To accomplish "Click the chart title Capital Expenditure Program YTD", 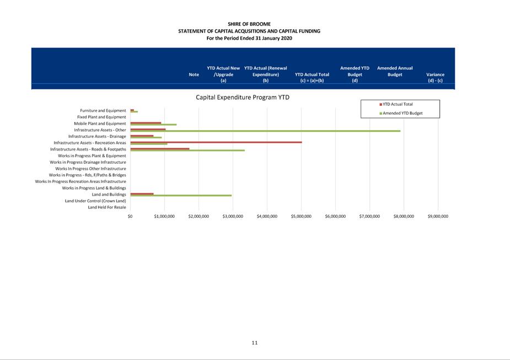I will pyautogui.click(x=242, y=97).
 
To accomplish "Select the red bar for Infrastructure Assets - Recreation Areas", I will pyautogui.click(x=216, y=142).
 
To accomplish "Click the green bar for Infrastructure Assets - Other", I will pyautogui.click(x=265, y=131).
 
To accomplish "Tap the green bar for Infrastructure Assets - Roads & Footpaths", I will pyautogui.click(x=187, y=150).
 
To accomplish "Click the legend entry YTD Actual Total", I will pyautogui.click(x=398, y=104).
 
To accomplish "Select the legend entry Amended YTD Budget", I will pyautogui.click(x=402, y=113).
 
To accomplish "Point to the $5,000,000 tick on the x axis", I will pyautogui.click(x=301, y=216).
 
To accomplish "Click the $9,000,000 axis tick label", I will pyautogui.click(x=438, y=216).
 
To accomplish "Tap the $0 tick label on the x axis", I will pyautogui.click(x=130, y=216).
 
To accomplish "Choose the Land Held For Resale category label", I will pyautogui.click(x=107, y=207).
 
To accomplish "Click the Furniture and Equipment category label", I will pyautogui.click(x=103, y=110).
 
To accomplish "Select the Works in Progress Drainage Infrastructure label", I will pyautogui.click(x=88, y=162).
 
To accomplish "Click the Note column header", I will pyautogui.click(x=194, y=74).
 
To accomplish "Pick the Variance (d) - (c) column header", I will pyautogui.click(x=435, y=78).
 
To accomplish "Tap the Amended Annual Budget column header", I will pyautogui.click(x=395, y=71).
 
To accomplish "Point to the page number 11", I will pyautogui.click(x=255, y=342).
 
